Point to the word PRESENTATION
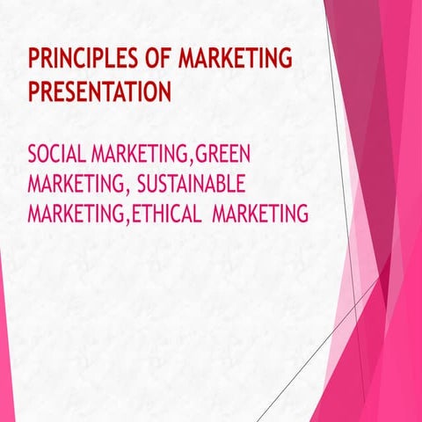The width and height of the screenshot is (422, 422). pos(99,91)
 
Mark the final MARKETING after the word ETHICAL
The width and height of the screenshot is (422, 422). pos(260,214)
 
